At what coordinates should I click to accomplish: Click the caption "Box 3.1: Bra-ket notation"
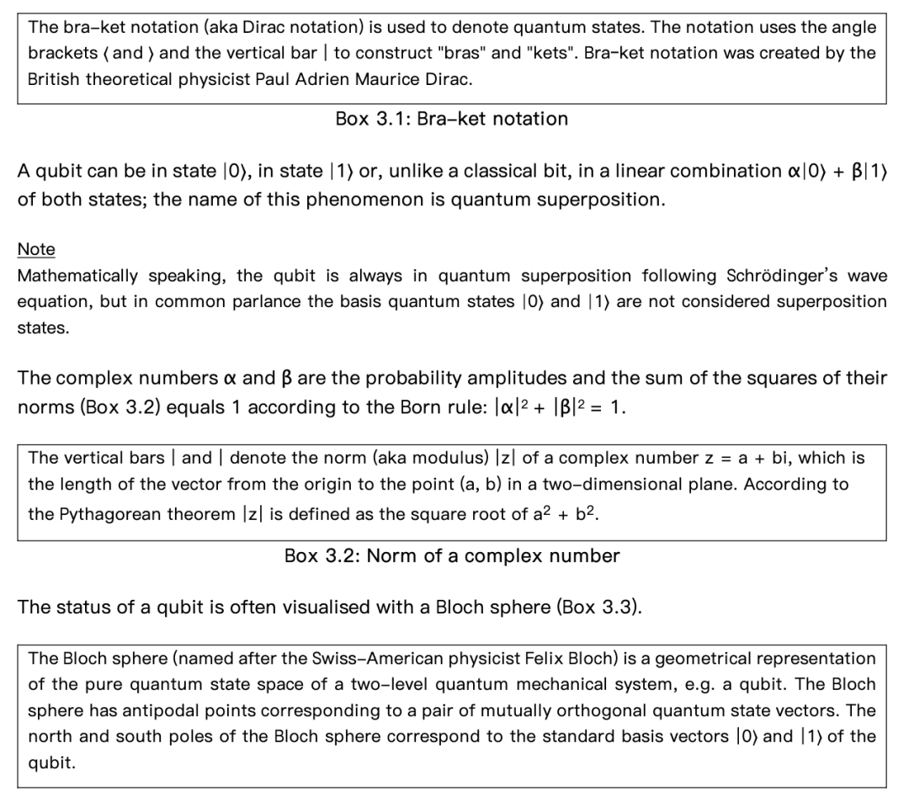point(451,119)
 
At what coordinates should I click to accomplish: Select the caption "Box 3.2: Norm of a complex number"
point(452,555)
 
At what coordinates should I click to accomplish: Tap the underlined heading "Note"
point(36,249)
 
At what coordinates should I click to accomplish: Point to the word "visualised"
point(306,607)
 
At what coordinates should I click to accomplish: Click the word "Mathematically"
point(77,276)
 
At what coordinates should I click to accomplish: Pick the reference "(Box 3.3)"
point(599,607)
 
